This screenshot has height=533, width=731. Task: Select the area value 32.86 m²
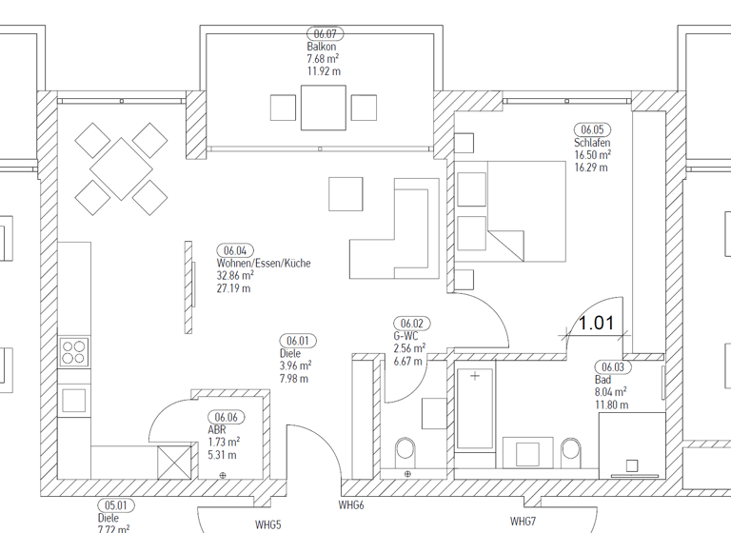235,276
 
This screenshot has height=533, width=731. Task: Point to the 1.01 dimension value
597,323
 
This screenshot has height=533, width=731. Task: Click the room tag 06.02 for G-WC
411,324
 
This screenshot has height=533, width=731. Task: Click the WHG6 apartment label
352,505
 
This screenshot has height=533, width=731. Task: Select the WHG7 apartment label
524,521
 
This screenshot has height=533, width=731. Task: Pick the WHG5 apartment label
268,524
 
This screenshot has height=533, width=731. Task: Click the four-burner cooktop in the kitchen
73,352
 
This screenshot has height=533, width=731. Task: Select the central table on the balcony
324,108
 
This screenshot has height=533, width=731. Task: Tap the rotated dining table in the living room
122,168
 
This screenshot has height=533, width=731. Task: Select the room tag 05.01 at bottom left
115,506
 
